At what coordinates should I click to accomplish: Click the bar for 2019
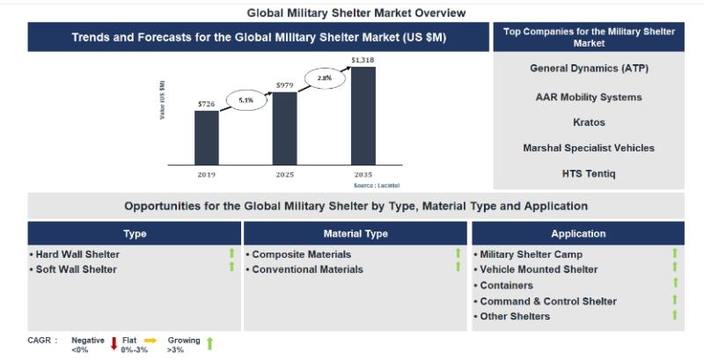(206, 137)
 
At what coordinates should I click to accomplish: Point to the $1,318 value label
(363, 60)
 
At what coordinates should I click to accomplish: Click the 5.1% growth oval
(246, 100)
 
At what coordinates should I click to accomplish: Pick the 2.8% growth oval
(324, 78)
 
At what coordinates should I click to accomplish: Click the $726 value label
(206, 104)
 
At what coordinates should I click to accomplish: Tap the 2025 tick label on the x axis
(284, 174)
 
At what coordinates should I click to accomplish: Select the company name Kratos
(589, 122)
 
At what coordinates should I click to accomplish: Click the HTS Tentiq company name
(589, 173)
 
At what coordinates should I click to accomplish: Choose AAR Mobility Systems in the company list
(589, 97)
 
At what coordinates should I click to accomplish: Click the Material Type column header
(356, 234)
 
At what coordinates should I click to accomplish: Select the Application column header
(578, 234)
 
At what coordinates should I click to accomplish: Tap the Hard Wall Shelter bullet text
(77, 254)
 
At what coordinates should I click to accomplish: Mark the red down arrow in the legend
(114, 343)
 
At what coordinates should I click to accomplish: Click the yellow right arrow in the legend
(150, 340)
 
